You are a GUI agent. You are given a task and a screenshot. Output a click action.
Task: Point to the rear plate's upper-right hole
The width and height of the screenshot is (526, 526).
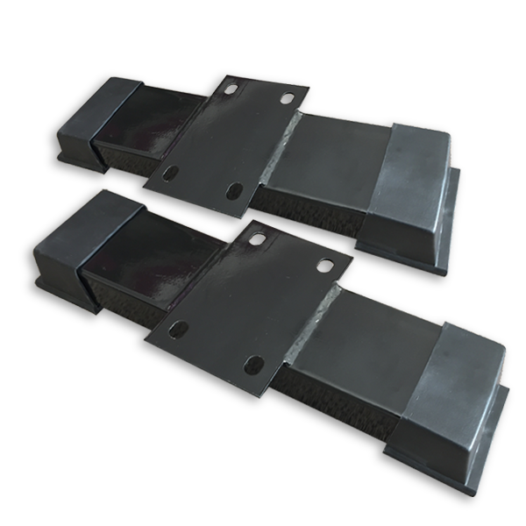[288, 97]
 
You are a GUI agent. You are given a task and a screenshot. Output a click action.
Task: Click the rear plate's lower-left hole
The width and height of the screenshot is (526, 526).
[171, 173]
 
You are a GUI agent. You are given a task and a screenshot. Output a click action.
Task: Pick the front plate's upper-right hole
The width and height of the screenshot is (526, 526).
[324, 265]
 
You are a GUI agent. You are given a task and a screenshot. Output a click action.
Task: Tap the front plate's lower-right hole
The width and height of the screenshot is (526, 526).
[255, 362]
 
